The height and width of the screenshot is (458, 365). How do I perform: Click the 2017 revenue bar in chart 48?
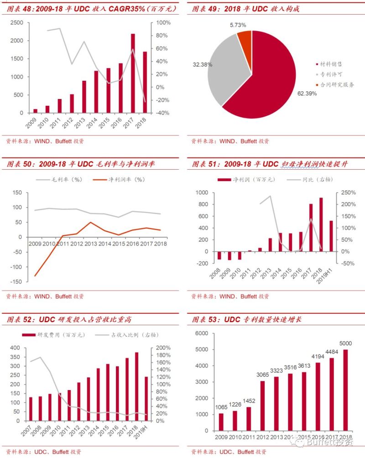pos(133,73)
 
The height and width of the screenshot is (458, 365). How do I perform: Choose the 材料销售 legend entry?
pos(332,64)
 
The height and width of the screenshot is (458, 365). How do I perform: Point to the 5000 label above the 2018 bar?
pos(345,343)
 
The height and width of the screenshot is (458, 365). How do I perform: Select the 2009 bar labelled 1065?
pos(221,422)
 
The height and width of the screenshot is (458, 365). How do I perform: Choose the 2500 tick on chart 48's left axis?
pos(16,23)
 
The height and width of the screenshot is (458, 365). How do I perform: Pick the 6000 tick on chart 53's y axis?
pos(202,333)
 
